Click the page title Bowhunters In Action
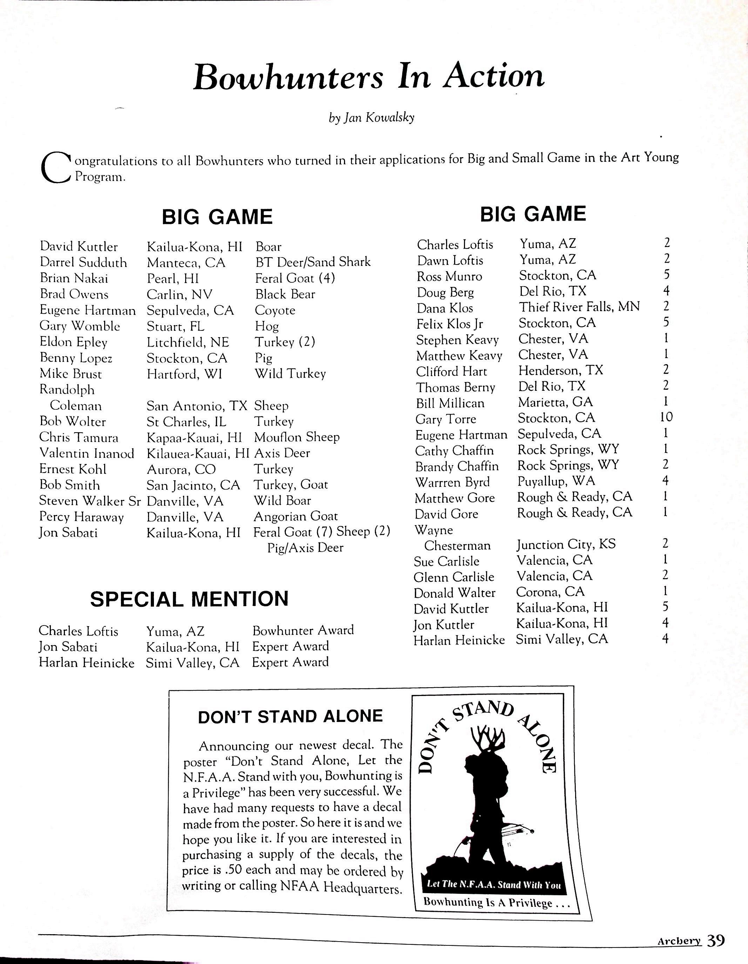pyautogui.click(x=369, y=77)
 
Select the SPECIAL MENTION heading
pyautogui.click(x=189, y=599)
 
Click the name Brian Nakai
pyautogui.click(x=74, y=278)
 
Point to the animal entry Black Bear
pyautogui.click(x=285, y=294)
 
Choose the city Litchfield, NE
pyautogui.click(x=188, y=342)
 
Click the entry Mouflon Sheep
pyautogui.click(x=297, y=437)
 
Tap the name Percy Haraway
pyautogui.click(x=82, y=516)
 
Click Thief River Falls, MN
pyautogui.click(x=579, y=307)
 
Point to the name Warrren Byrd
pyautogui.click(x=452, y=482)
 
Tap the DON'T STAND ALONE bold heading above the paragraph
pyautogui.click(x=290, y=716)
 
